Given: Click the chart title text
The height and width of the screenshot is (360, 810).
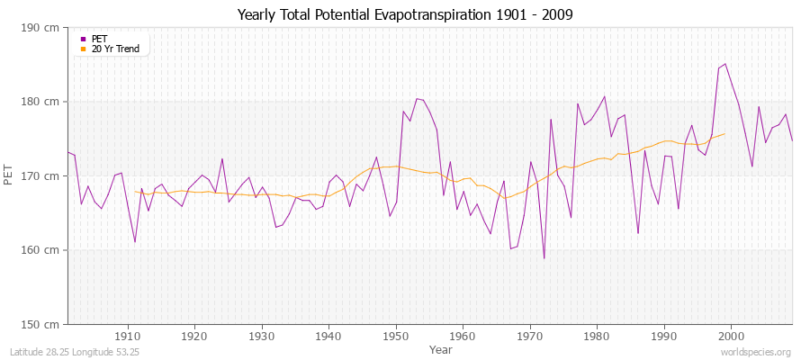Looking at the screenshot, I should click(x=405, y=15).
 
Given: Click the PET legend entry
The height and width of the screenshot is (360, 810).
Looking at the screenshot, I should click(x=99, y=39).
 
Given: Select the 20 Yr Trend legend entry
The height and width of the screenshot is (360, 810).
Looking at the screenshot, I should click(x=115, y=49).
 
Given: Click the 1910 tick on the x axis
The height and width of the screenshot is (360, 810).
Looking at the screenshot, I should click(x=128, y=336).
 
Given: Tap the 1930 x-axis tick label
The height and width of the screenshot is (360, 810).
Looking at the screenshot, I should click(x=262, y=336).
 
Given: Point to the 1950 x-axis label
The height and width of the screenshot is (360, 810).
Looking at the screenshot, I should click(x=396, y=336).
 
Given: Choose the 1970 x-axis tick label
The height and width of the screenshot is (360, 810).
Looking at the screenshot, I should click(x=530, y=336).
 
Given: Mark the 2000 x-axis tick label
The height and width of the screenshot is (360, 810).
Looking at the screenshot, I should click(x=731, y=336).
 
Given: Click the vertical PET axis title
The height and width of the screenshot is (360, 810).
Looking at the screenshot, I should click(x=10, y=175).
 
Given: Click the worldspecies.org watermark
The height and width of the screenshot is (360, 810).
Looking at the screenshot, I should click(x=757, y=351).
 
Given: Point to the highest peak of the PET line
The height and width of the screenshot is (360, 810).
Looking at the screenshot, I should click(x=725, y=64).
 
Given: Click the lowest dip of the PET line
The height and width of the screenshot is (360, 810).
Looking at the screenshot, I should click(x=544, y=258).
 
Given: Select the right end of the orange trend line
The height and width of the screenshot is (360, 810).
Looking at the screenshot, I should click(x=724, y=134).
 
